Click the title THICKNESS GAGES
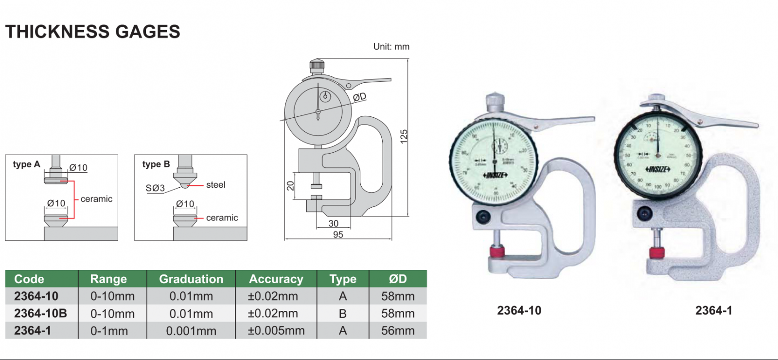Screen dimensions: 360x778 (92, 32)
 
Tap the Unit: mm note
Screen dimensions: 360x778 (391, 47)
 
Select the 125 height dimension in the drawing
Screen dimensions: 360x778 (404, 136)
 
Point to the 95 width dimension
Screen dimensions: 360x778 (338, 234)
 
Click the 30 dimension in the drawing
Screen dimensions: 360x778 (333, 223)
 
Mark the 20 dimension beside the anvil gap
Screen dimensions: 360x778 (290, 185)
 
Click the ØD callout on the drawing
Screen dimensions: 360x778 (359, 97)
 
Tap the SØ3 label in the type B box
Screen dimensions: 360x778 (155, 188)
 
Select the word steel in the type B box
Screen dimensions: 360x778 (215, 185)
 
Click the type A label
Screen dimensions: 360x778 (26, 164)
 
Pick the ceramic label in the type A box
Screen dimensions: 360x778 (96, 199)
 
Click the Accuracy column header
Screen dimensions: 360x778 (276, 279)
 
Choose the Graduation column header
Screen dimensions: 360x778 (191, 279)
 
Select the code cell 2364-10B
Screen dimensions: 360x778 (40, 313)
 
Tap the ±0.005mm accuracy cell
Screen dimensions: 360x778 (276, 331)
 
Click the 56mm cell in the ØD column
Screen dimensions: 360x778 (398, 331)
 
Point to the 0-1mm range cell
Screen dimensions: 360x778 (109, 331)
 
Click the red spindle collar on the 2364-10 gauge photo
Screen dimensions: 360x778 (497, 252)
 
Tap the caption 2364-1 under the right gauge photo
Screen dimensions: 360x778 (713, 310)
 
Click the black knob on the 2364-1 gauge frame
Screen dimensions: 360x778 (644, 213)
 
